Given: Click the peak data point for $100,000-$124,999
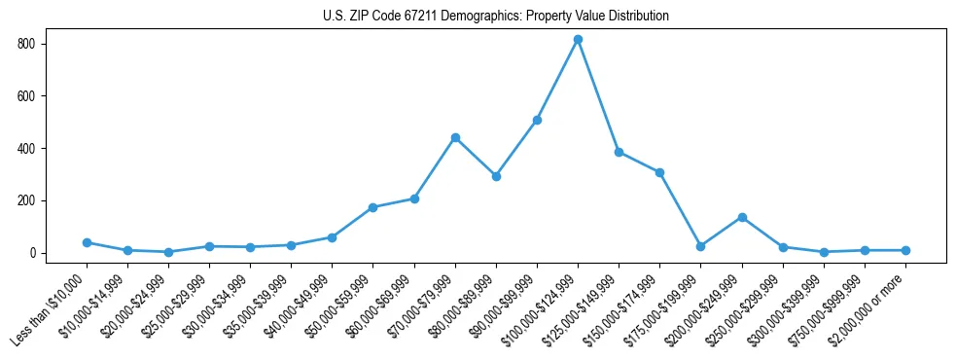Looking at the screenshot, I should (x=578, y=39).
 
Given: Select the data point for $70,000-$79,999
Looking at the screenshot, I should (x=455, y=137).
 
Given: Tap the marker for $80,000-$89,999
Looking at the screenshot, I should (x=496, y=176).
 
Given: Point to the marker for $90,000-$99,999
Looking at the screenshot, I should (x=537, y=120).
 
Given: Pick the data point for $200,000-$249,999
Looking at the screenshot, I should (x=742, y=217).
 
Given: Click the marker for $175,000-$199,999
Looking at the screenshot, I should (x=700, y=246).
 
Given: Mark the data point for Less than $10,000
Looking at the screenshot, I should (x=87, y=242).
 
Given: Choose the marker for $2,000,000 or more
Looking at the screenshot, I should (x=905, y=250).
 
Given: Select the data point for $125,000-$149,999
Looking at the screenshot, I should (x=619, y=152).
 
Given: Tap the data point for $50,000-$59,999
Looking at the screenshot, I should (x=373, y=207).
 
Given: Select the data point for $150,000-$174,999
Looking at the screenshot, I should (x=659, y=172).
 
